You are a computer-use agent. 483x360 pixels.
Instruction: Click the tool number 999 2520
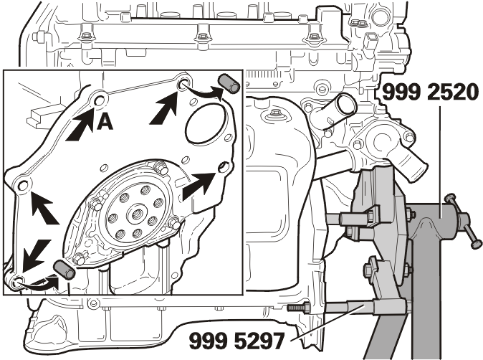click(x=431, y=93)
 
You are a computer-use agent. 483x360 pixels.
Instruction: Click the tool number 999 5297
click(x=236, y=341)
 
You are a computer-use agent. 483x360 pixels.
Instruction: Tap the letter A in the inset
click(x=105, y=123)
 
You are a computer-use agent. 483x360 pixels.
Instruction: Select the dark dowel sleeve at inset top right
click(x=229, y=83)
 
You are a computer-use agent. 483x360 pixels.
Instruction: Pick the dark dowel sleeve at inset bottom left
click(x=64, y=270)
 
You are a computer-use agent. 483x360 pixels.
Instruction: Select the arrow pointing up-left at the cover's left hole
click(x=44, y=207)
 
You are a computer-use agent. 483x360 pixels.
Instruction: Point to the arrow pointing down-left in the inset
click(x=36, y=255)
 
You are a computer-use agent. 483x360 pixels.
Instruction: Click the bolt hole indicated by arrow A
click(x=100, y=101)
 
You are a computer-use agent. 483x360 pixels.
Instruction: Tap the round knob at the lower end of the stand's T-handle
click(x=476, y=244)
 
